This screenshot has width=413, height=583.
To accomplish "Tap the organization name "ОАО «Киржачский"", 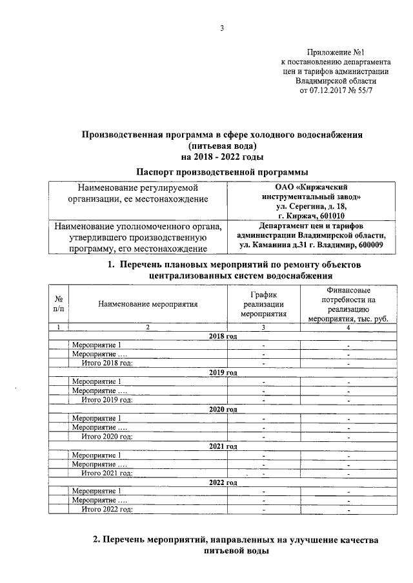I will pyautogui.click(x=312, y=186).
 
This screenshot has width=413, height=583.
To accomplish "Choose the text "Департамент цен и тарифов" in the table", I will pyautogui.click(x=312, y=226).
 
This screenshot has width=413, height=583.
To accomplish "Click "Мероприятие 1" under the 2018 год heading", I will pyautogui.click(x=96, y=345).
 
